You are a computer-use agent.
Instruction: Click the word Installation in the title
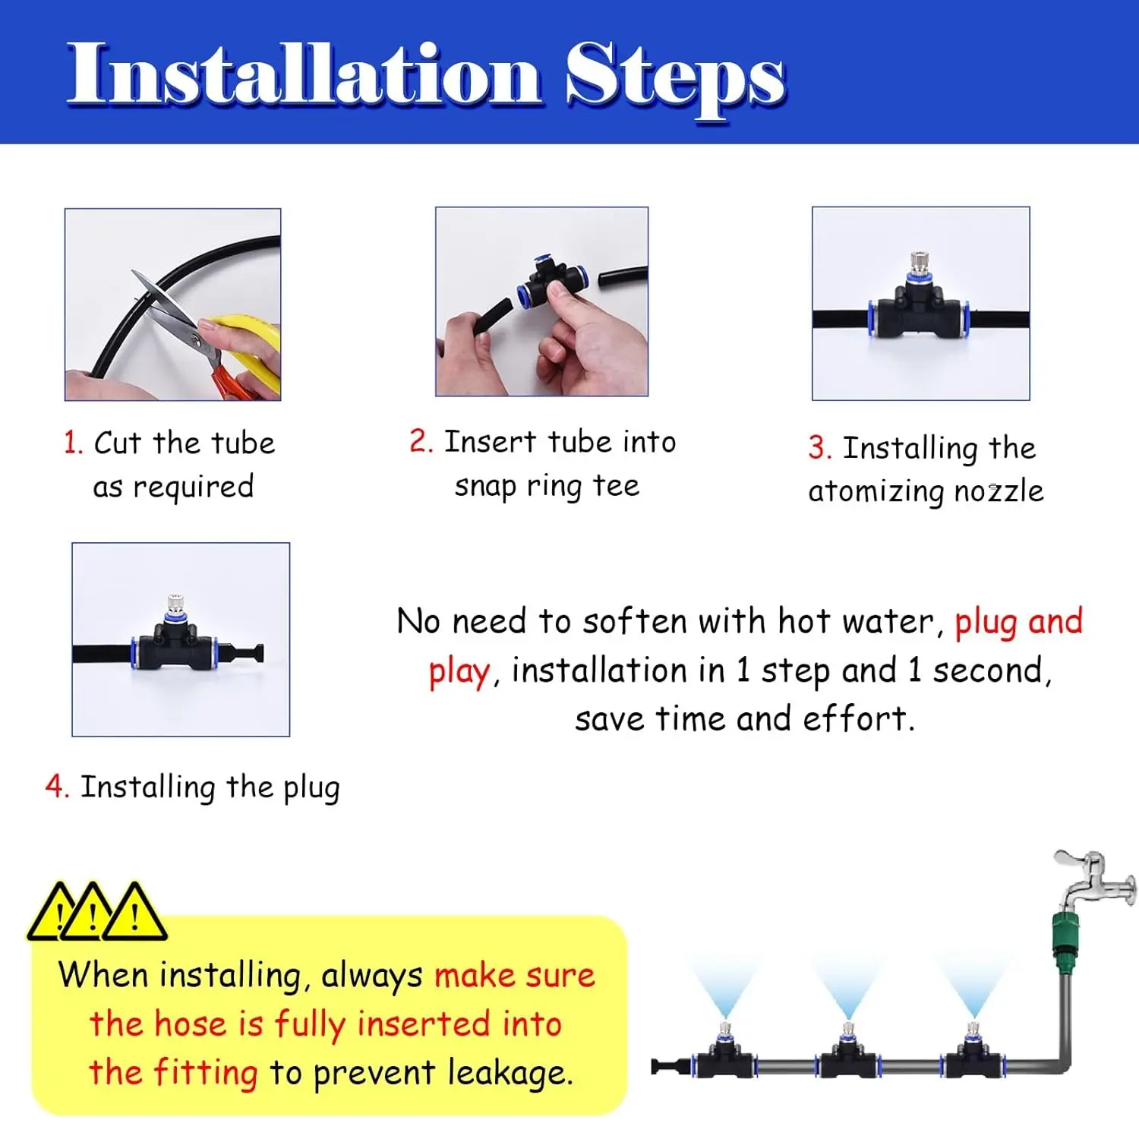pyautogui.click(x=304, y=74)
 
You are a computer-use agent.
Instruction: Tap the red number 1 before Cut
pyautogui.click(x=72, y=443)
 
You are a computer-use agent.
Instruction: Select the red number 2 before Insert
pyautogui.click(x=421, y=441)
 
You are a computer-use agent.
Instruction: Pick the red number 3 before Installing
pyautogui.click(x=819, y=447)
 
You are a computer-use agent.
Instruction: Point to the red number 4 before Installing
pyautogui.click(x=57, y=787)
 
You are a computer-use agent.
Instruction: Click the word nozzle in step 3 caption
pyautogui.click(x=999, y=491)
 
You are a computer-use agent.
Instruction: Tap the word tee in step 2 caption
pyautogui.click(x=616, y=486)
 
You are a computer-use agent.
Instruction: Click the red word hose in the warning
pyautogui.click(x=190, y=1024)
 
